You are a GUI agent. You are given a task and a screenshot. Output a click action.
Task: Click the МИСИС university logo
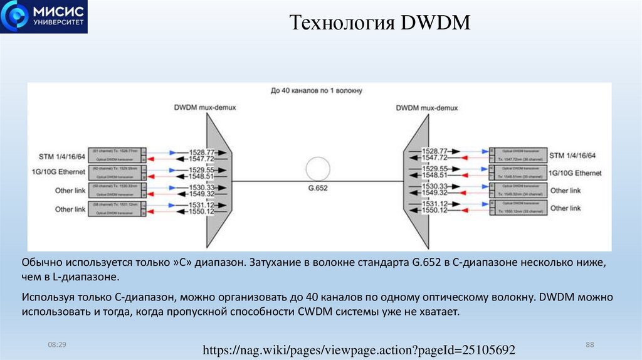tap(44, 17)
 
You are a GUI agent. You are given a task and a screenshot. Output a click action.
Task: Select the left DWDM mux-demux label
tap(205, 108)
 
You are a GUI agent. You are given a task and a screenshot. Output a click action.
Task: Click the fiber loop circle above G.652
tap(318, 169)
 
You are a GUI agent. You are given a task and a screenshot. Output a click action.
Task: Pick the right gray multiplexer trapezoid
tap(415, 183)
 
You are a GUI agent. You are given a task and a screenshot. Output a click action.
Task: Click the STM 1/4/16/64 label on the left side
tap(61, 155)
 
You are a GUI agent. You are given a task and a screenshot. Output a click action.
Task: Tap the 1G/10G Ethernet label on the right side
tap(576, 172)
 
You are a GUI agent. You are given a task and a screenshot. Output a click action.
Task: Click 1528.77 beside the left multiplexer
tap(203, 152)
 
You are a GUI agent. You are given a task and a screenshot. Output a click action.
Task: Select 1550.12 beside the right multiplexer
tap(434, 211)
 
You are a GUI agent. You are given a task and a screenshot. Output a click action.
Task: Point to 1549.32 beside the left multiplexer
tap(203, 194)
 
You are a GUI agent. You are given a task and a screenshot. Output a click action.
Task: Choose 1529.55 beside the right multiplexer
tap(434, 169)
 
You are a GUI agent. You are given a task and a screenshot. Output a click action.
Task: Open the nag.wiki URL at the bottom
tap(359, 349)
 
